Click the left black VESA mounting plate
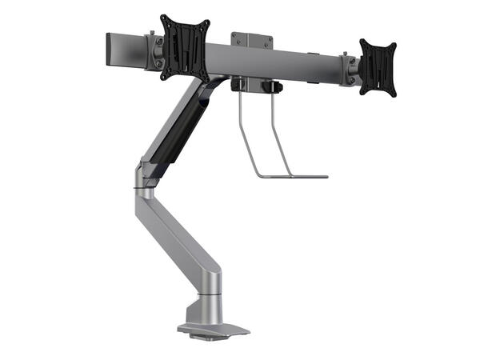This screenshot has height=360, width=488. click(185, 48)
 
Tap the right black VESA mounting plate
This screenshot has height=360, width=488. click(377, 67)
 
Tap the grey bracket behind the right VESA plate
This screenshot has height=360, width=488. click(350, 68)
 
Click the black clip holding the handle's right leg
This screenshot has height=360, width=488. click(274, 86)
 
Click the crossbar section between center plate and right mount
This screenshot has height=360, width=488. click(308, 62)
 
